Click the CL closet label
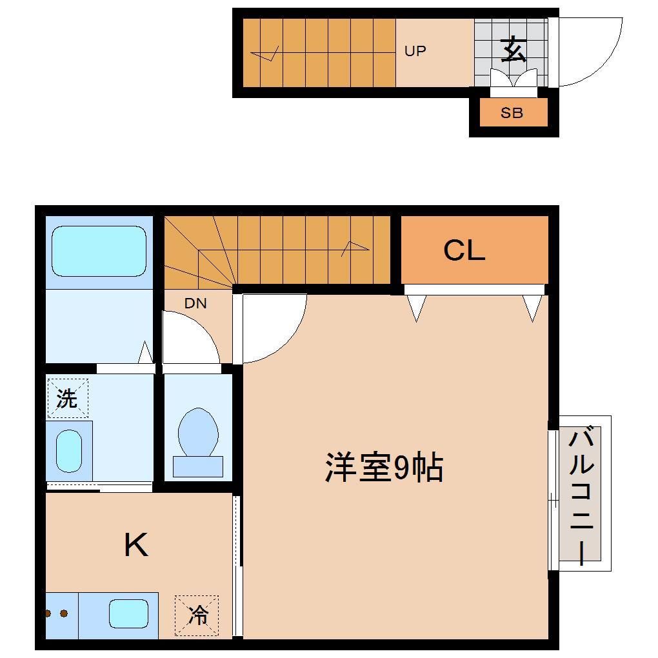(464, 251)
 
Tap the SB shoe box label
(512, 113)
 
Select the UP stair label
(415, 50)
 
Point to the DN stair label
(195, 303)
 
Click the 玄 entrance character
(513, 50)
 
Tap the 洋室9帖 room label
(383, 467)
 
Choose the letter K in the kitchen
(136, 545)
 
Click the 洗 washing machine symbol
(67, 398)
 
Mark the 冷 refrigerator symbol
(197, 615)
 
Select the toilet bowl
(198, 432)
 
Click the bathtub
(99, 251)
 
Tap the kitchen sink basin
(128, 613)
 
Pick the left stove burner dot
(49, 613)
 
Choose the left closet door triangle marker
(416, 308)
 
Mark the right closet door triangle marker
(532, 308)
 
